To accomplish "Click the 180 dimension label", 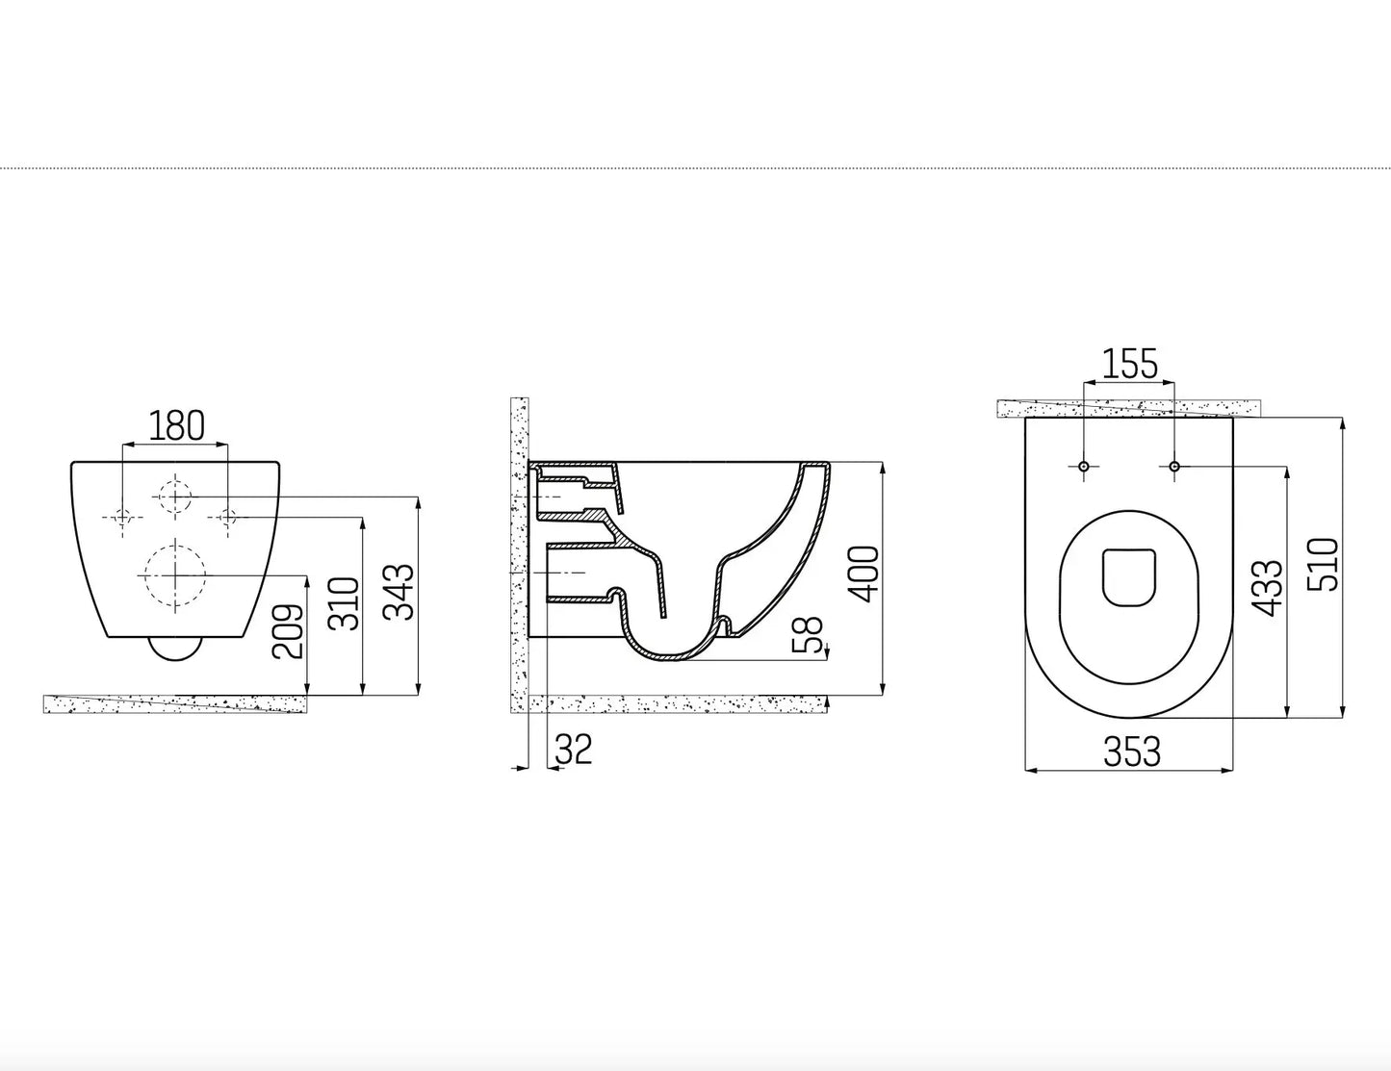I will (x=176, y=424).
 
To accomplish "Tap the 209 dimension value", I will (x=288, y=631).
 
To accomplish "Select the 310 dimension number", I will (x=343, y=603).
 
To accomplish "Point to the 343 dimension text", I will (x=399, y=590).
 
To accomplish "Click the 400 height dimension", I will (x=863, y=574).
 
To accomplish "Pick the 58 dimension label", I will (x=812, y=634).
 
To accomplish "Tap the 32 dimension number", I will (x=574, y=749).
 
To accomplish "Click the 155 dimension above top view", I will (x=1129, y=365).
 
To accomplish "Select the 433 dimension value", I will (x=1267, y=588).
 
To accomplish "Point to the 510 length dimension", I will (x=1324, y=565).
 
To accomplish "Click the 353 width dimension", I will (x=1131, y=752).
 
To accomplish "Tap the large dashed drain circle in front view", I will (x=174, y=574).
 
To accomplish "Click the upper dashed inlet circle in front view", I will (x=174, y=496).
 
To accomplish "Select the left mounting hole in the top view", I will (x=1084, y=467).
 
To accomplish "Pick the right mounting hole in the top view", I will (x=1174, y=467).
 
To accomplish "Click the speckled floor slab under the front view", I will (x=176, y=703).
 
